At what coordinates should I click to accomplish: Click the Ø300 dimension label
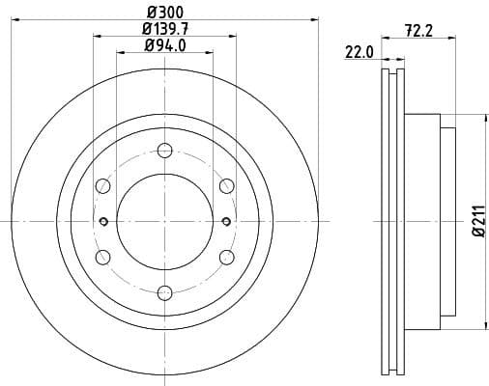click(x=164, y=14)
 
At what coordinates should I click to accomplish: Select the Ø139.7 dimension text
click(x=164, y=30)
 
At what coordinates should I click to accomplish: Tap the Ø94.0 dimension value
click(x=164, y=46)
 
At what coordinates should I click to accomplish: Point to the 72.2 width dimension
click(x=417, y=32)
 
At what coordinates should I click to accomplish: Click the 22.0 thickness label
click(x=359, y=52)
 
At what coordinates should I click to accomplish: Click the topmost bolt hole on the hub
click(x=164, y=150)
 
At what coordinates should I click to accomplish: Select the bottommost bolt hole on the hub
click(x=164, y=291)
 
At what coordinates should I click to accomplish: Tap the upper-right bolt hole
click(x=226, y=185)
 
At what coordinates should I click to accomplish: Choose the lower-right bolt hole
click(x=226, y=257)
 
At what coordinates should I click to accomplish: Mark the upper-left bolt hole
click(x=102, y=185)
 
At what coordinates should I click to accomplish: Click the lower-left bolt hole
click(x=102, y=257)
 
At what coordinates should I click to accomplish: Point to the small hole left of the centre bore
click(x=103, y=221)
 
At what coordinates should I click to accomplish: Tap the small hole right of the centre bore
click(x=225, y=221)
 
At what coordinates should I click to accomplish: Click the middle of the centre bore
click(x=164, y=221)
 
